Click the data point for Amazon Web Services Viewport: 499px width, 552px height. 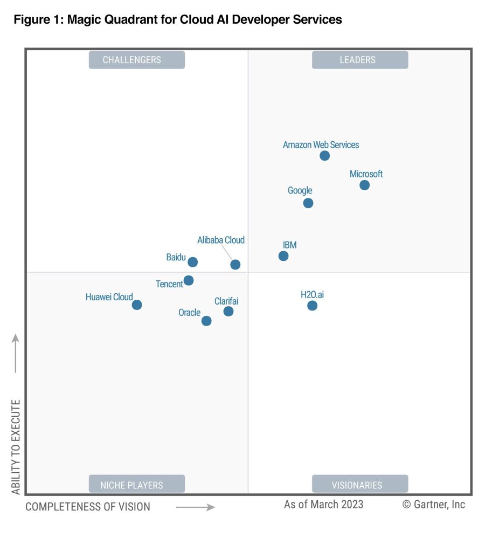pyautogui.click(x=324, y=156)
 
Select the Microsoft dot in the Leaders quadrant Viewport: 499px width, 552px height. pyautogui.click(x=364, y=185)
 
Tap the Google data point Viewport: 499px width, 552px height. pyautogui.click(x=308, y=203)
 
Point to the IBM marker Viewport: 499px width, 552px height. pyautogui.click(x=283, y=256)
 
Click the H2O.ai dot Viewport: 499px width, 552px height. pyautogui.click(x=312, y=306)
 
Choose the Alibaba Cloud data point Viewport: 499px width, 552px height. pyautogui.click(x=235, y=265)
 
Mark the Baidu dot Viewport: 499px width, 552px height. pyautogui.click(x=192, y=262)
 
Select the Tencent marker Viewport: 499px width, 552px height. pyautogui.click(x=189, y=280)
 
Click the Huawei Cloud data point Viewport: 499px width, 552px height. pyautogui.click(x=137, y=305)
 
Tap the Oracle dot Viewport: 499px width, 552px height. pyautogui.click(x=206, y=321)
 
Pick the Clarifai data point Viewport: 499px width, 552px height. pyautogui.click(x=228, y=311)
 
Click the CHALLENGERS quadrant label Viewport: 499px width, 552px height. pyautogui.click(x=137, y=60)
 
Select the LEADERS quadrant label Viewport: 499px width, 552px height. pyautogui.click(x=359, y=60)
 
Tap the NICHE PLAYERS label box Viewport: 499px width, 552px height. pyautogui.click(x=137, y=484)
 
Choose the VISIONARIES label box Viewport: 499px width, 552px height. pyautogui.click(x=359, y=484)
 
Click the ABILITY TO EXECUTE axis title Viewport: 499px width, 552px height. pyautogui.click(x=16, y=447)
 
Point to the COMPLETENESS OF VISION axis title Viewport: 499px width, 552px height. pyautogui.click(x=88, y=507)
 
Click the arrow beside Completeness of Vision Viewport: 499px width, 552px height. pyautogui.click(x=195, y=507)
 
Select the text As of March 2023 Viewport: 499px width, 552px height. pyautogui.click(x=323, y=505)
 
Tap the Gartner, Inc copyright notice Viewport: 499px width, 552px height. pyautogui.click(x=433, y=505)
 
